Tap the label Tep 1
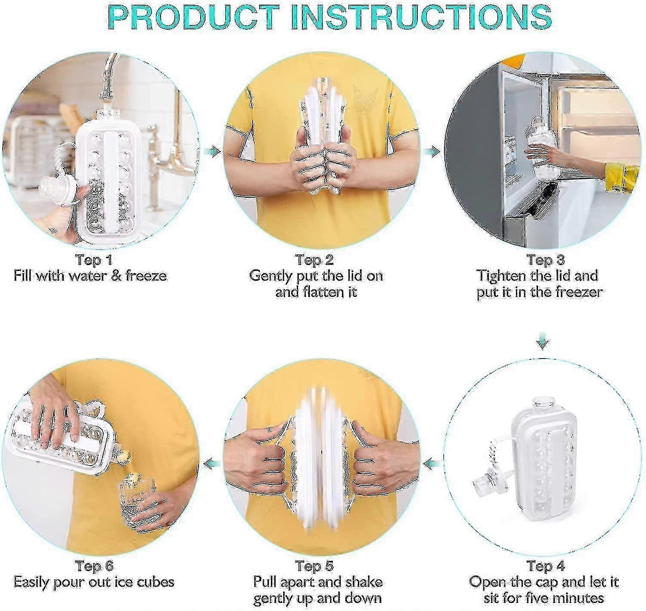coord(94,260)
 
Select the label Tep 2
coord(315,260)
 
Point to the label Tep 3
coord(546,260)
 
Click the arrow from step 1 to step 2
coord(213,152)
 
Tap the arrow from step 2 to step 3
coord(433,152)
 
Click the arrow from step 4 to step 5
coord(432,464)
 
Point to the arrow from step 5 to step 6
coord(211,464)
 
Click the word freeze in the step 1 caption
coord(146,276)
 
